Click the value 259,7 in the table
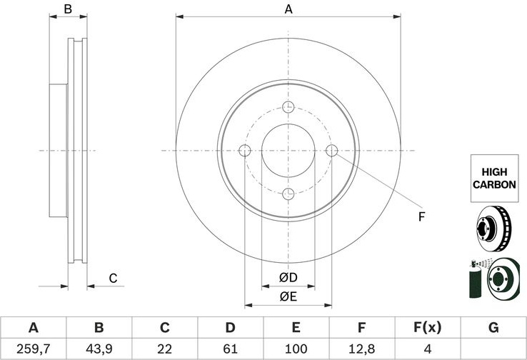34,349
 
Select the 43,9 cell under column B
99,349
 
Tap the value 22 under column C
165,349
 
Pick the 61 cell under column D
230,349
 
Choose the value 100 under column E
296,349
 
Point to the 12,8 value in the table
361,349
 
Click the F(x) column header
427,327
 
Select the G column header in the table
493,327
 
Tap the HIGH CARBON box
494,178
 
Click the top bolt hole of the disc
288,107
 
